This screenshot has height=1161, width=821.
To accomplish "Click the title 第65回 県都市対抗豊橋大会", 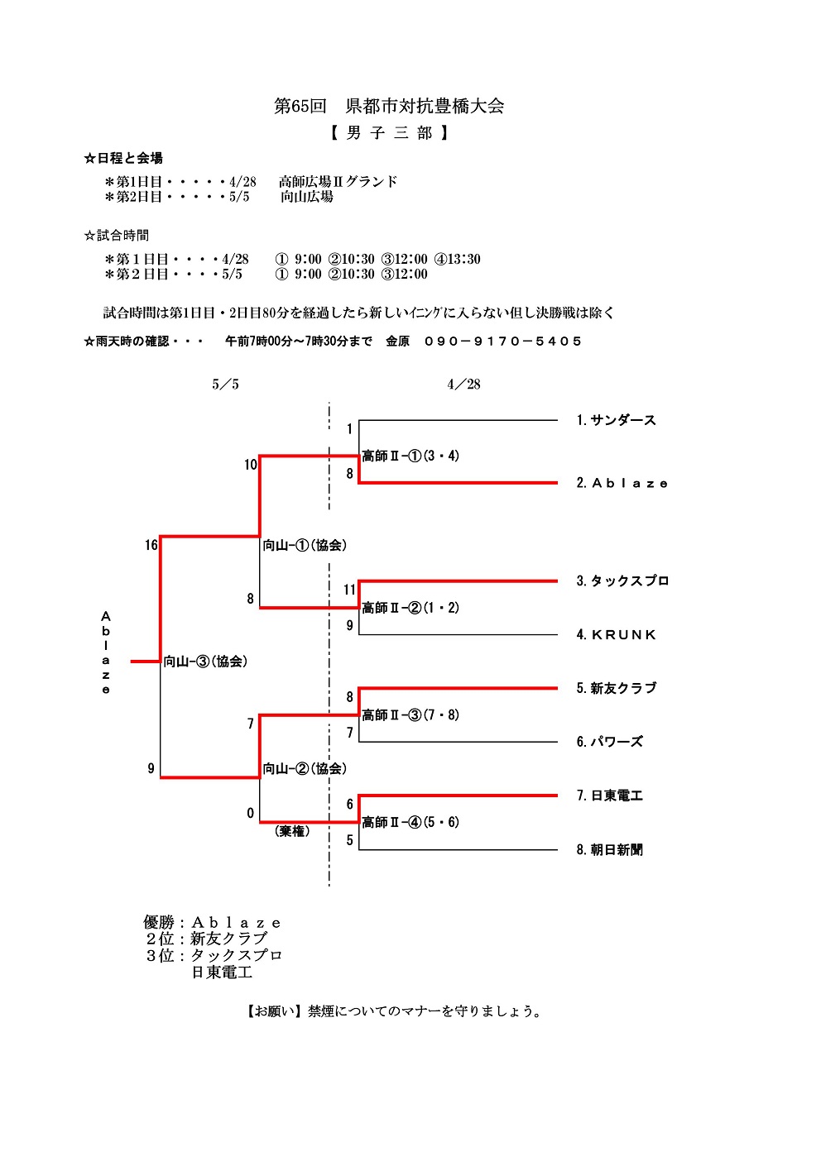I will (x=389, y=107).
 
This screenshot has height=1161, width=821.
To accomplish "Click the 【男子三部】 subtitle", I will (x=389, y=133).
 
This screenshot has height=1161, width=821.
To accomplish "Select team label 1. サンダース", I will (x=616, y=420).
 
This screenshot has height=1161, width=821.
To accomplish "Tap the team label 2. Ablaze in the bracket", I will (x=622, y=483).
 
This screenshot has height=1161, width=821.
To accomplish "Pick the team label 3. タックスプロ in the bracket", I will (x=622, y=580).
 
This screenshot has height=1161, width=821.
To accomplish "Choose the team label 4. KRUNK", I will (x=616, y=635).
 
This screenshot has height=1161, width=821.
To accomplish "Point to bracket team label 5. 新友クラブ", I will (x=616, y=688).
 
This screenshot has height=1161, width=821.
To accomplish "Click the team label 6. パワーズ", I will (x=609, y=742).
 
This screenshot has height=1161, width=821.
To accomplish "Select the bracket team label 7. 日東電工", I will (x=609, y=795).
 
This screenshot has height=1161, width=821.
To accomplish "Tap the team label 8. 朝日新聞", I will (x=609, y=849).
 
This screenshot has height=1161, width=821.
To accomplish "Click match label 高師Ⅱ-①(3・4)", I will (x=410, y=456).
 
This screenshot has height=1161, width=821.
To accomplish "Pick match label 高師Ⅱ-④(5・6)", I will (x=410, y=822).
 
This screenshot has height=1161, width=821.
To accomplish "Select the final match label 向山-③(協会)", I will (x=205, y=662).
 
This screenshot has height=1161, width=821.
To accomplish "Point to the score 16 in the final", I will (x=151, y=545).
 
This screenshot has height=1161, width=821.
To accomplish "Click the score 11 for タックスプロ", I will (x=349, y=590).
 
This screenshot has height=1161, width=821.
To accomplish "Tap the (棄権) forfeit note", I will (x=292, y=831).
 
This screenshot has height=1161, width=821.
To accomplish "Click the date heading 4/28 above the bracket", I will (x=463, y=385).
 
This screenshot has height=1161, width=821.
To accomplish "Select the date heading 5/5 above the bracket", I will (x=225, y=385).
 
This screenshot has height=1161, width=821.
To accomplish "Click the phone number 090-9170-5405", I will (x=502, y=342).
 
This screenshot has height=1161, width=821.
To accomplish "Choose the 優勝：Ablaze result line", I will (x=212, y=923).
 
